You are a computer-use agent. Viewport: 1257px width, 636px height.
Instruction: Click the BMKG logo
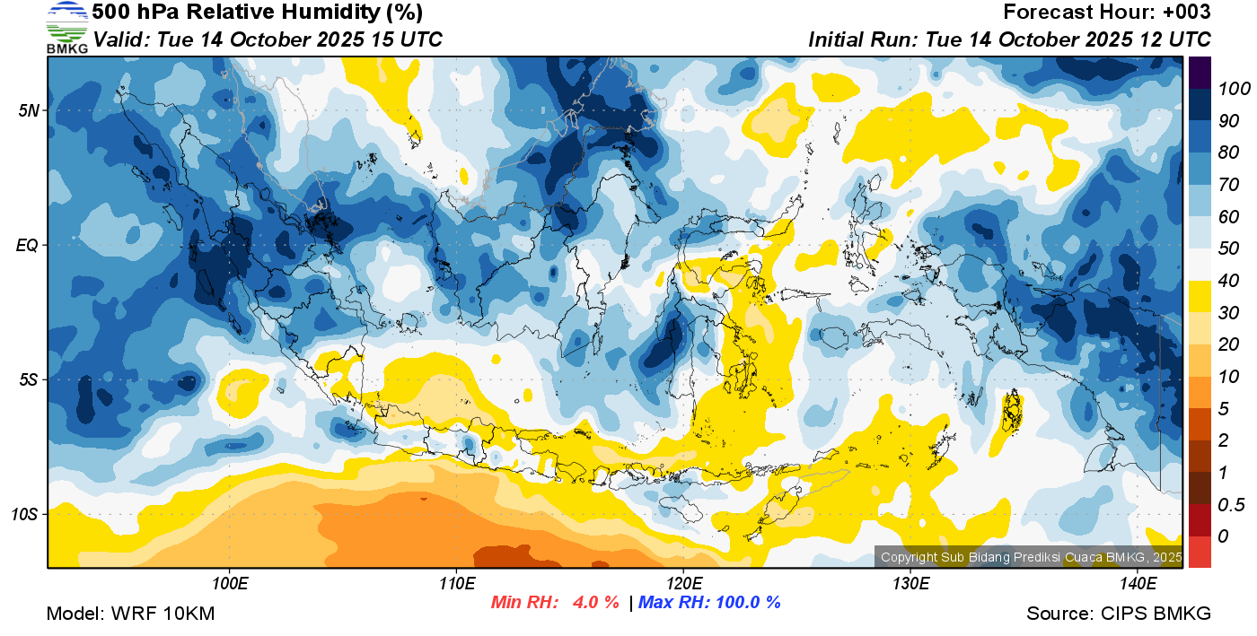tap(67, 27)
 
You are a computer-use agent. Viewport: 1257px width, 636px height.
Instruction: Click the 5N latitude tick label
tap(29, 110)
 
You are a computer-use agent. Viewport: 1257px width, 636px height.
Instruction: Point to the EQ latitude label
tap(28, 245)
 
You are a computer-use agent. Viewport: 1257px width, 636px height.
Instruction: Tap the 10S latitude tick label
tap(25, 515)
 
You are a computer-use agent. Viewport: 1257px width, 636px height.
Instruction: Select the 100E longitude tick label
tap(230, 584)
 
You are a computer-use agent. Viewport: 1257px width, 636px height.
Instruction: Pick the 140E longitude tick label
tap(1138, 584)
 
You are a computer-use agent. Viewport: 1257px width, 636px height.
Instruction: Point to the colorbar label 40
tap(1229, 281)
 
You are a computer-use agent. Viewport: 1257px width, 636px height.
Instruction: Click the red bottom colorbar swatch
tap(1200, 551)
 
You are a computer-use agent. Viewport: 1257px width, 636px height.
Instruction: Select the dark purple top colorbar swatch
tap(1200, 72)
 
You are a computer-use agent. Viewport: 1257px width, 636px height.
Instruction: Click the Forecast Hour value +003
tap(1187, 13)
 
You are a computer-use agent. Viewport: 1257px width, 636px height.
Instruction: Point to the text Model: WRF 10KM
tap(130, 614)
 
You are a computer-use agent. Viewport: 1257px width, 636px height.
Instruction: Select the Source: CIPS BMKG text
tap(1119, 614)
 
